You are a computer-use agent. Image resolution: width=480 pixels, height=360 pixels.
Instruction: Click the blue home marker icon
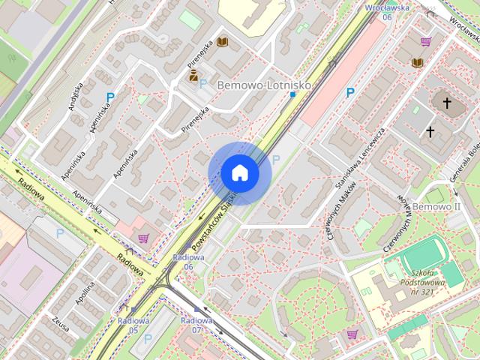[239, 172]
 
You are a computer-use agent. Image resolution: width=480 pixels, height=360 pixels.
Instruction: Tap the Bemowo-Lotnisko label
[263, 85]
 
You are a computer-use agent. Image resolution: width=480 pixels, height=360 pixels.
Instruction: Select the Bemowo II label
[436, 205]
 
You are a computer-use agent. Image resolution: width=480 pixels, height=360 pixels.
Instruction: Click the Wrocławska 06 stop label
[388, 11]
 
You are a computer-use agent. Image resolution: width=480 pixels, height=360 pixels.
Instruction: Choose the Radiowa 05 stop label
[132, 325]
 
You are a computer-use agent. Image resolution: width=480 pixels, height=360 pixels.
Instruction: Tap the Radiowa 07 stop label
[197, 325]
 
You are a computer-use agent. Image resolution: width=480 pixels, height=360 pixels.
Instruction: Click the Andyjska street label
[73, 97]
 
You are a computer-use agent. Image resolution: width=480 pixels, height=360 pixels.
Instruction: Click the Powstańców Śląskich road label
[214, 220]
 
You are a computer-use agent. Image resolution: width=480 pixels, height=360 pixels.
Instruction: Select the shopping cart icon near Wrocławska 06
[426, 42]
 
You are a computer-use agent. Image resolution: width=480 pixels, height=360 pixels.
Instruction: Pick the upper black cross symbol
[447, 103]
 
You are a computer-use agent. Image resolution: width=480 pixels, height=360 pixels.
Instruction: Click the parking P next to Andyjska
[110, 97]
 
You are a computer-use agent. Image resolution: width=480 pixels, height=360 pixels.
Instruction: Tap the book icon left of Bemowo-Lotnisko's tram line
[222, 42]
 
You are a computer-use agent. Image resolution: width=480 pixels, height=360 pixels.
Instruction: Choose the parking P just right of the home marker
[275, 159]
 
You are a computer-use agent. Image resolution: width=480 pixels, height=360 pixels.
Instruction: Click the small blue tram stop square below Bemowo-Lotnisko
[292, 95]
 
